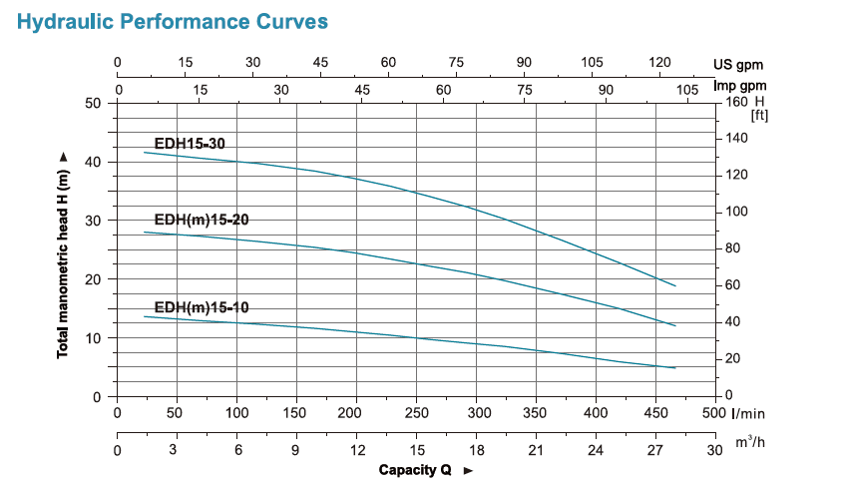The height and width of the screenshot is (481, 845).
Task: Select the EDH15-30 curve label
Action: click(x=190, y=144)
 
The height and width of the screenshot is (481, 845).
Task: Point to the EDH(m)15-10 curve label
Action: click(x=201, y=307)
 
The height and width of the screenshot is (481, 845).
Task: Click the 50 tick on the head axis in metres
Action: click(x=95, y=103)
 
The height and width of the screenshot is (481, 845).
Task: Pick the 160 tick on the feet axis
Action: click(x=737, y=102)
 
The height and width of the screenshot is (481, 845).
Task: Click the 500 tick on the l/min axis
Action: click(x=714, y=412)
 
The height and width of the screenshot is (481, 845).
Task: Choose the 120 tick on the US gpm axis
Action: click(x=659, y=63)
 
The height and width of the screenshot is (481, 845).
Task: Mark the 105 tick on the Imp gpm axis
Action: click(x=686, y=90)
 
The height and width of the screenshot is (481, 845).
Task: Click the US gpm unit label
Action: click(x=744, y=64)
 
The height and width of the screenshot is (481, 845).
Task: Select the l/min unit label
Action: click(x=750, y=413)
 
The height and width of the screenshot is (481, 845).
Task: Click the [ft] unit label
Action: click(x=760, y=116)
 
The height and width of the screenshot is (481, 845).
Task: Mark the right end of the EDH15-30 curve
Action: click(x=675, y=285)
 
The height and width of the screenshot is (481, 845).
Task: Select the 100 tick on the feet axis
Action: click(x=737, y=212)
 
